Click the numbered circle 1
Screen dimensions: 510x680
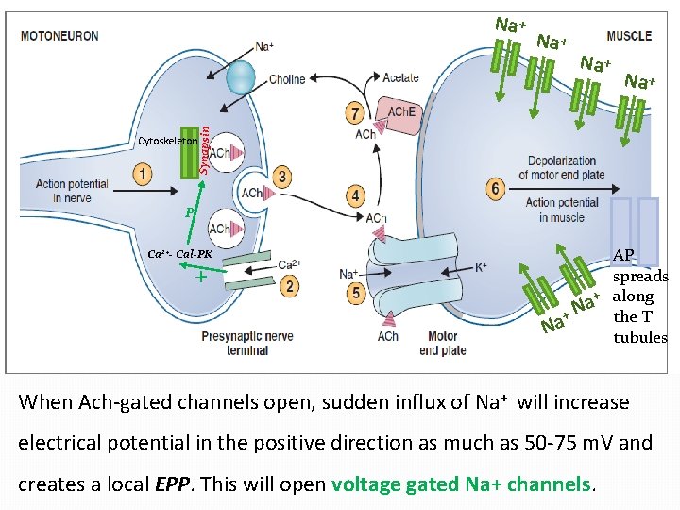[x=143, y=174]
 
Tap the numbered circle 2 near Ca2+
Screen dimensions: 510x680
[x=289, y=285]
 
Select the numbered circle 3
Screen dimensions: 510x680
[x=281, y=177]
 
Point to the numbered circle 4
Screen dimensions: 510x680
[x=355, y=195]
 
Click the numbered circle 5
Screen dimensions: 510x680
[x=355, y=294]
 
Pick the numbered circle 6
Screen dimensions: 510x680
[x=496, y=188]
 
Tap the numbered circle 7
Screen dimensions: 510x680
[x=355, y=114]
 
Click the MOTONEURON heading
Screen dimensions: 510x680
[x=59, y=36]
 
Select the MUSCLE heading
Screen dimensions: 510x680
[x=629, y=36]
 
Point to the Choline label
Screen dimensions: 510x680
[x=287, y=79]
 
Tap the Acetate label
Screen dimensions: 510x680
[x=400, y=77]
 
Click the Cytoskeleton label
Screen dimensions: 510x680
[x=167, y=141]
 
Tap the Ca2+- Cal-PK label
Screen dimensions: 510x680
[x=180, y=255]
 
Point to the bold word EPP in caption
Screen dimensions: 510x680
[x=171, y=484]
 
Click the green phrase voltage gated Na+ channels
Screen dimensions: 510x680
[x=461, y=484]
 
